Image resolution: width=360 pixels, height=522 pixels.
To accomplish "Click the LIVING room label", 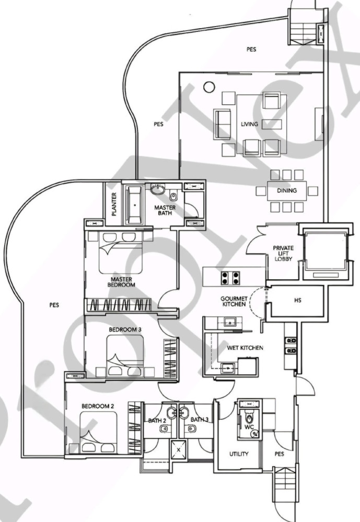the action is coord(249,124).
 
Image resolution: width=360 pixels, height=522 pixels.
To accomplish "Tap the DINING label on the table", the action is coord(287,191).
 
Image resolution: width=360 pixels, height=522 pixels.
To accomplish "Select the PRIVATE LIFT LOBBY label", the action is coord(283,253).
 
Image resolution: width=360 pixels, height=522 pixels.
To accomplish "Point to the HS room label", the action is coord(298,300).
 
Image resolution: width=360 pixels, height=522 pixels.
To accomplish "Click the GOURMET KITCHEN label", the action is coord(234,301).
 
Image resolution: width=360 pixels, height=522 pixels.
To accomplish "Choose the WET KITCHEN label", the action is coord(245,348).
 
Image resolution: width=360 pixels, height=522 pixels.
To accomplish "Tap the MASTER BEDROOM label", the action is coord(121,282).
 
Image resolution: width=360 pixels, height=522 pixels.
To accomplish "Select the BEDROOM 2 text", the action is coord(98,406).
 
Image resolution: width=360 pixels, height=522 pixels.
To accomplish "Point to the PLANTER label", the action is coord(114,204).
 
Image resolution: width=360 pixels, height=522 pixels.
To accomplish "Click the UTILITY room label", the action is coord(239,454).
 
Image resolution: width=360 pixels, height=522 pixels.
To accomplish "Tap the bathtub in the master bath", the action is coord(134,205).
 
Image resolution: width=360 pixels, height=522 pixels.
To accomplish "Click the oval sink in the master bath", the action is coord(157,190).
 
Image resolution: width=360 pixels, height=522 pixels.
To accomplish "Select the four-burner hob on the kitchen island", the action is coord(230,278).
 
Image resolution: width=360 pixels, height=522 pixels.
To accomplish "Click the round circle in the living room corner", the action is coord(209,87).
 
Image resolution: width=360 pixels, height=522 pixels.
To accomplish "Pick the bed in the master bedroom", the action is coord(120,252).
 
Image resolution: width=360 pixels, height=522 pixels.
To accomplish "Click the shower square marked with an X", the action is coord(179,450).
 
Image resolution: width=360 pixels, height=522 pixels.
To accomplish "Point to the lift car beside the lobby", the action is coord(326,252).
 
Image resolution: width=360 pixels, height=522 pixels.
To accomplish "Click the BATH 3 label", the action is coord(200,420).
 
